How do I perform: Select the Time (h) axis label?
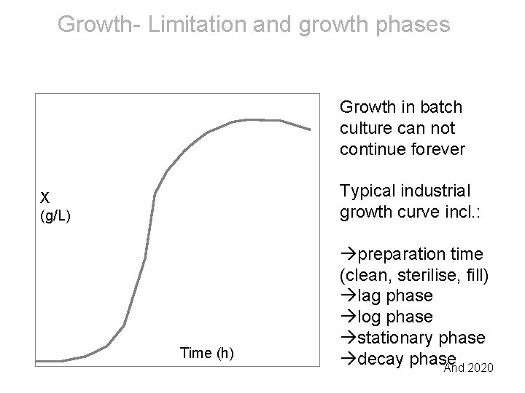206,354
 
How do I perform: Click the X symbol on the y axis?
44,197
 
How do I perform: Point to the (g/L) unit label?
55,216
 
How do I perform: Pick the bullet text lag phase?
392,296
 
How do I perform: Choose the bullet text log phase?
392,317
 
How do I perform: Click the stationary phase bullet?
418,338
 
